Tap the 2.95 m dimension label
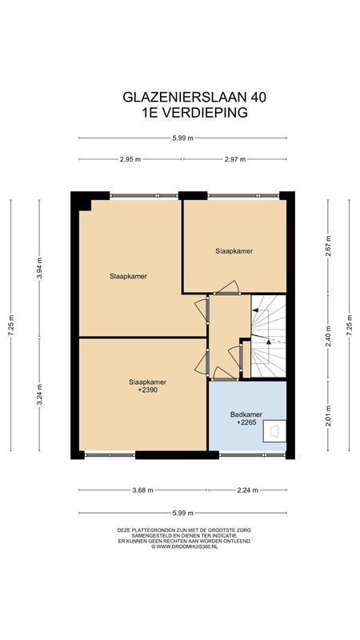130,160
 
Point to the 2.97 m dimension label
236,160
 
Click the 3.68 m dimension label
141,490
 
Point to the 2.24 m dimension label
247,490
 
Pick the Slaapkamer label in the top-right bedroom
234,250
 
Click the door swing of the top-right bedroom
227,287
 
